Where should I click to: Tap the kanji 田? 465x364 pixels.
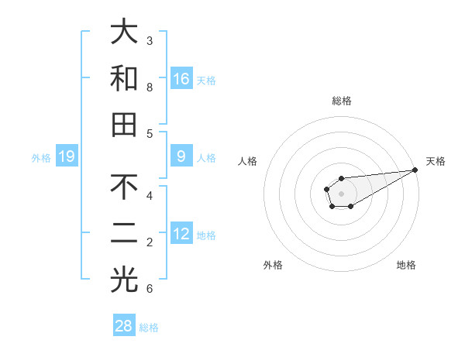click(124, 125)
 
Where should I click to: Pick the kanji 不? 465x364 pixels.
click(124, 188)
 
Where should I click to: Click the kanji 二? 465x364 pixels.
click(124, 235)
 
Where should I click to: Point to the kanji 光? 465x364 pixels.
click(124, 281)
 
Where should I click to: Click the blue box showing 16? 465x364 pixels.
click(181, 78)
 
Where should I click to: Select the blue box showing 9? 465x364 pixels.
click(181, 156)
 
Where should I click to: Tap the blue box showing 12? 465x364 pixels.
click(181, 235)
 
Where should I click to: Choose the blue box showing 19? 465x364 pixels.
click(67, 157)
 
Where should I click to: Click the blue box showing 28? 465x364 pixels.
click(124, 326)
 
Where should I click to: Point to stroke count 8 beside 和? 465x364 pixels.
click(150, 88)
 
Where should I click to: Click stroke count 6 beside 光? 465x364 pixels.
click(150, 290)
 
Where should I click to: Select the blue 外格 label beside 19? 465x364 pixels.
click(41, 158)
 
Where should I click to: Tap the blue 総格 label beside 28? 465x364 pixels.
click(149, 328)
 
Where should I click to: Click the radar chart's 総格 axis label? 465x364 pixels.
click(341, 101)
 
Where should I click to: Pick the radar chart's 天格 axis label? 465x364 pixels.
click(436, 161)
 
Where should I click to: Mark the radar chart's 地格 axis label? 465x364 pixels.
click(406, 265)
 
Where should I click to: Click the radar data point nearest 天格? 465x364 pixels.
click(415, 169)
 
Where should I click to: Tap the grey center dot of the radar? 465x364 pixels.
click(341, 193)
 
